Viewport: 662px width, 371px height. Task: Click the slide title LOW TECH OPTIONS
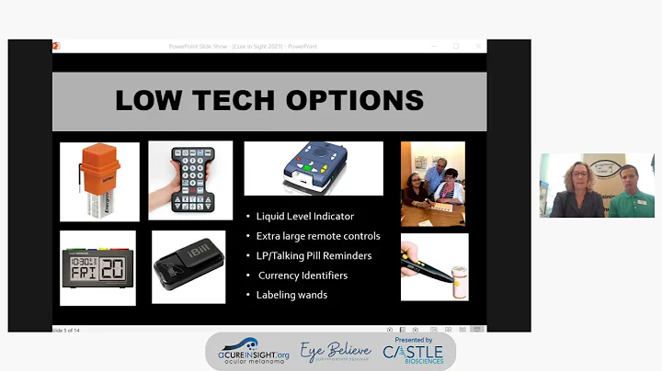pyautogui.click(x=268, y=100)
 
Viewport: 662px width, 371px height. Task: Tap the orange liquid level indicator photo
pyautogui.click(x=99, y=182)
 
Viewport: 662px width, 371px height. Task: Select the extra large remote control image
pyautogui.click(x=190, y=180)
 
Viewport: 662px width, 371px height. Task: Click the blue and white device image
pyautogui.click(x=314, y=168)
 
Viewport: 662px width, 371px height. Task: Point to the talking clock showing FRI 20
pyautogui.click(x=97, y=266)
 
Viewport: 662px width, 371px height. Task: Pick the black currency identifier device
pyautogui.click(x=188, y=267)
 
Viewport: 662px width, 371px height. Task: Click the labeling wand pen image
pyautogui.click(x=434, y=266)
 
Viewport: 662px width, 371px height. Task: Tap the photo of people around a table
pyautogui.click(x=433, y=184)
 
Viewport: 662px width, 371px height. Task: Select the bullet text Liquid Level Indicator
pyautogui.click(x=305, y=216)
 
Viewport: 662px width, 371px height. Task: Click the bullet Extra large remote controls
pyautogui.click(x=318, y=236)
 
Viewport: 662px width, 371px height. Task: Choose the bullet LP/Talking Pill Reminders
pyautogui.click(x=315, y=255)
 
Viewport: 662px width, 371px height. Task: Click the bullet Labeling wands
pyautogui.click(x=293, y=295)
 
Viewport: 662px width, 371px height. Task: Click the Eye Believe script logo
pyautogui.click(x=336, y=351)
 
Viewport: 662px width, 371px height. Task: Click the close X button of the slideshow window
pyautogui.click(x=477, y=46)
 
